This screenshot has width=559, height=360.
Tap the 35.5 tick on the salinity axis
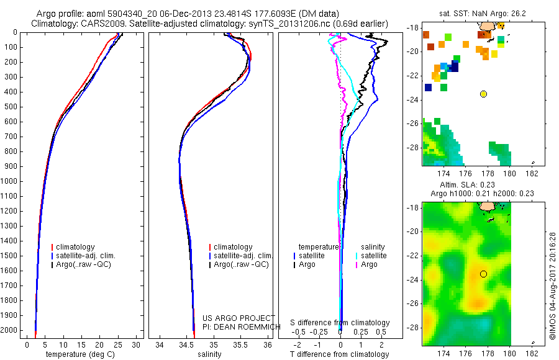241,344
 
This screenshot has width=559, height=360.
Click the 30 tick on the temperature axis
137,344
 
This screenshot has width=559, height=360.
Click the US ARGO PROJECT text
239,317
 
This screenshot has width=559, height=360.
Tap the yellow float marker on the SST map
483,94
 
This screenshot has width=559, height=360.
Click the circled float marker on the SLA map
483,274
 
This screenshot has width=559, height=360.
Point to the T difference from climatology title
339,354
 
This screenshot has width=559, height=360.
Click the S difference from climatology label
340,323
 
